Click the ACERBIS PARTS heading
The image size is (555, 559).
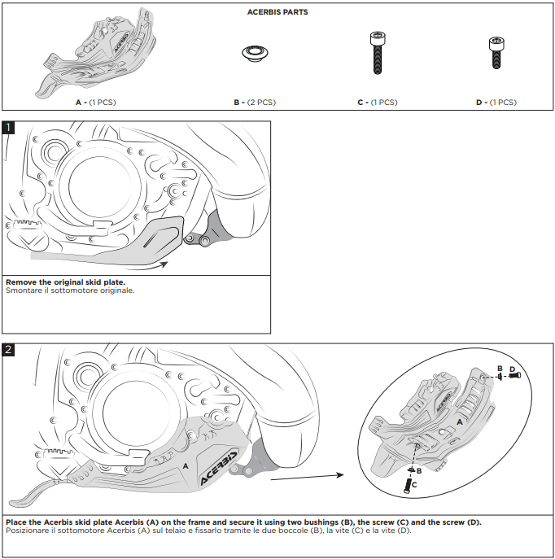[277, 12]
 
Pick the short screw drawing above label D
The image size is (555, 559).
[494, 52]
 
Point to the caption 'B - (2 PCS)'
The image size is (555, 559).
[254, 103]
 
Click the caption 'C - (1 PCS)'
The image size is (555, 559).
[377, 103]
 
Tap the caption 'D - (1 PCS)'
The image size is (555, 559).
[496, 103]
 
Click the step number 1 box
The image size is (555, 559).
[8, 128]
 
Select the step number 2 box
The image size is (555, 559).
[8, 350]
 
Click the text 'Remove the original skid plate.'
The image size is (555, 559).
[65, 282]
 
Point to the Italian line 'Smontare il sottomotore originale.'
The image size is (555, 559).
[70, 290]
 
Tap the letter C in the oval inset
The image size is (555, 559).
[415, 484]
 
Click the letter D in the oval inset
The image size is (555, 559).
[512, 369]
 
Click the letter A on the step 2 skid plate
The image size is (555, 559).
[186, 465]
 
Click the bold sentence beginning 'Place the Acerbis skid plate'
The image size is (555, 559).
[243, 522]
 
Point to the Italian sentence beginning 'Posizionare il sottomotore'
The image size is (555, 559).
[208, 531]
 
